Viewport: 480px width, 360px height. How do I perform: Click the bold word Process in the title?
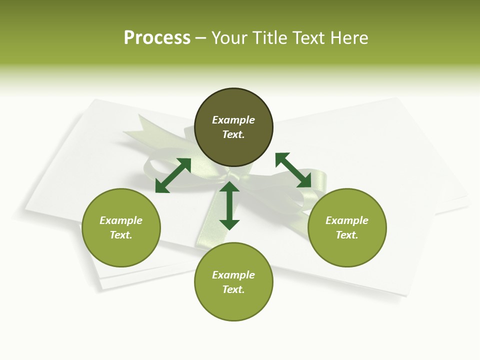(x=157, y=38)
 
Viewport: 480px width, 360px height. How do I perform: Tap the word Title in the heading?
(x=270, y=38)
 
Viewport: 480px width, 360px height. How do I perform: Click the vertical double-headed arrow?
(x=229, y=205)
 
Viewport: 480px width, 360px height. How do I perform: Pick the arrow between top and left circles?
(x=173, y=175)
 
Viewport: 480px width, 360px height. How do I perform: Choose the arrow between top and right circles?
(x=293, y=170)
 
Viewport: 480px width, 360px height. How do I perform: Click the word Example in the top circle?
(x=233, y=120)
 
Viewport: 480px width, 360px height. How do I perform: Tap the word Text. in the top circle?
(x=233, y=134)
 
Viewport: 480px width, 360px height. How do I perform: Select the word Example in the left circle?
(x=121, y=220)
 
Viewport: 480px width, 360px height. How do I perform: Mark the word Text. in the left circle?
(x=121, y=235)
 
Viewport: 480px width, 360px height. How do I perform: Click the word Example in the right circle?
(x=347, y=220)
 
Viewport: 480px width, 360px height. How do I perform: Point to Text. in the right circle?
(x=347, y=235)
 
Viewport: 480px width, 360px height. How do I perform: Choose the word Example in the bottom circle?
(x=233, y=275)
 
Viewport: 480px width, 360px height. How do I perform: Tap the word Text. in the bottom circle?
(x=233, y=289)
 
